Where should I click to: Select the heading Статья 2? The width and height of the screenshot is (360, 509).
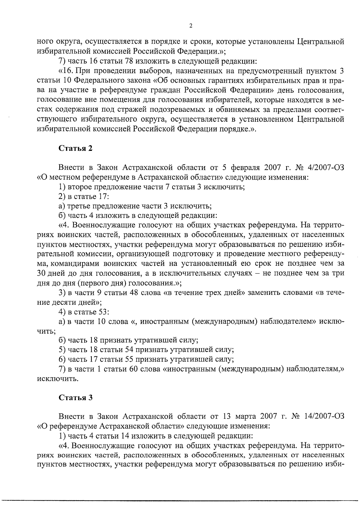(75, 148)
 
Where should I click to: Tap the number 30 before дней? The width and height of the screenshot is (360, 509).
(41, 273)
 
